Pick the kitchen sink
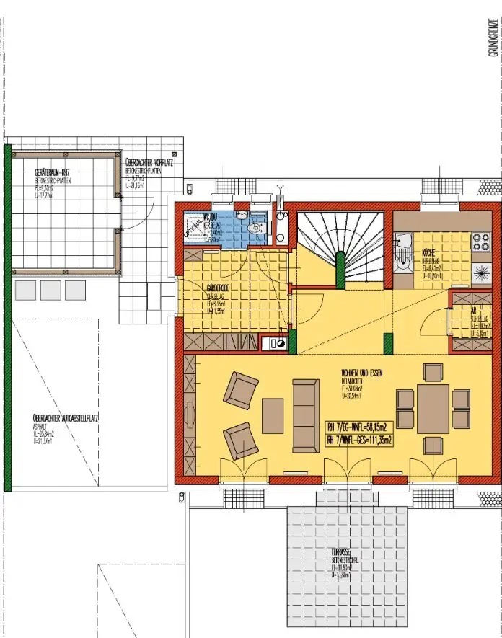403,248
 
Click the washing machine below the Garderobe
276,344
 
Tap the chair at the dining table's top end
433,373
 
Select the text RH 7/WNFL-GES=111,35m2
359,439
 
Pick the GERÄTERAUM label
52,174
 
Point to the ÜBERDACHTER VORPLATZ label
149,162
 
